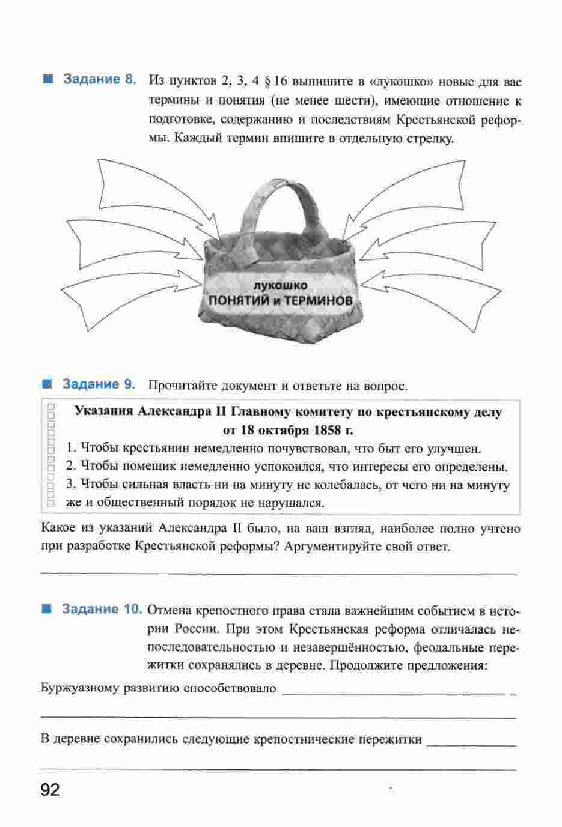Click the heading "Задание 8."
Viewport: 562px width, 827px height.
pyautogui.click(x=99, y=80)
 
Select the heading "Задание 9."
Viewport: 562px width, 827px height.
pyautogui.click(x=99, y=384)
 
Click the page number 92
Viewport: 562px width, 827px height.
pyautogui.click(x=50, y=790)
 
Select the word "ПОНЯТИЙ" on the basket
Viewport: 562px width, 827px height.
pyautogui.click(x=236, y=299)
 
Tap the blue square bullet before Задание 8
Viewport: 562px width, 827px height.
pyautogui.click(x=48, y=79)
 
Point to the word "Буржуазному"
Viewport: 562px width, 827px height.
pyautogui.click(x=79, y=688)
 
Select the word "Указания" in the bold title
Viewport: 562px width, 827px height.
pyautogui.click(x=103, y=412)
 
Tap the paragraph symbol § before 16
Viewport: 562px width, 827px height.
pyautogui.click(x=268, y=81)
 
